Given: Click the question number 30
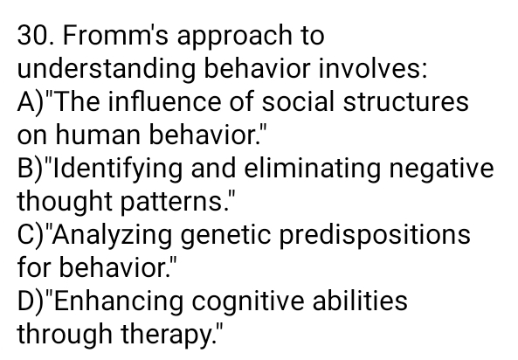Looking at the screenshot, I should click(x=34, y=37).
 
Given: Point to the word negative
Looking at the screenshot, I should click(x=443, y=170).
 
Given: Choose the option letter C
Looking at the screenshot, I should click(x=28, y=234).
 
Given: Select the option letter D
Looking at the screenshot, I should click(x=28, y=301).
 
